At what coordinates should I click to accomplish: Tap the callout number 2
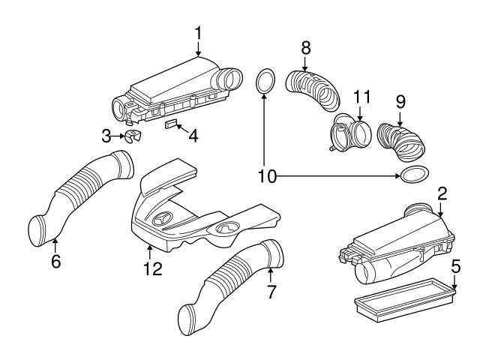click(x=442, y=194)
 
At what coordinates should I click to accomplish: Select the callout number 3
click(x=107, y=135)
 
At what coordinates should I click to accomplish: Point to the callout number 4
click(x=193, y=137)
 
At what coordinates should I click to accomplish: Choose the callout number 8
click(x=306, y=47)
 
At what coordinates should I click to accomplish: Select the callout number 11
click(x=362, y=97)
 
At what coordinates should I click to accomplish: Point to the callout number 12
click(x=152, y=268)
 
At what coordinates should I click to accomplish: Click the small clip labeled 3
click(x=133, y=136)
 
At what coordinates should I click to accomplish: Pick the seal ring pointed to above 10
click(x=264, y=81)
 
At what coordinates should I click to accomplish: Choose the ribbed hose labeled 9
click(x=400, y=140)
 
